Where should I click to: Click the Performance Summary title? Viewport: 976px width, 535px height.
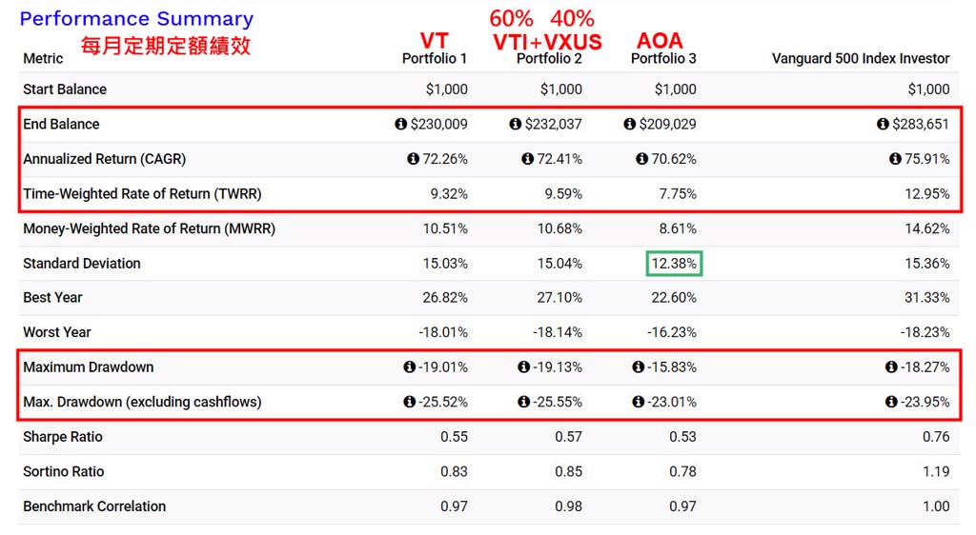[x=136, y=19]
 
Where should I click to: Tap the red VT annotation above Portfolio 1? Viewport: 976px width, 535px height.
[x=434, y=41]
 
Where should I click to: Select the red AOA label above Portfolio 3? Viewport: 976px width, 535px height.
[x=660, y=41]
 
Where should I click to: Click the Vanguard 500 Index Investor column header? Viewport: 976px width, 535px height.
[x=860, y=59]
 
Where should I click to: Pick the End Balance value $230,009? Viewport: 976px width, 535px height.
[x=438, y=125]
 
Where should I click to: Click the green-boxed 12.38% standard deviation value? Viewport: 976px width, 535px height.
[x=674, y=264]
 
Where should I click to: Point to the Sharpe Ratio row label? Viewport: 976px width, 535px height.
[x=63, y=437]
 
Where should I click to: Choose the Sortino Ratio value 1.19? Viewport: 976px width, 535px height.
[x=936, y=471]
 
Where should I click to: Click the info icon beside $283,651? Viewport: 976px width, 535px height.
[x=882, y=125]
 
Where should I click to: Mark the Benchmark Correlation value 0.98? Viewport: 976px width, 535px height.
[x=568, y=506]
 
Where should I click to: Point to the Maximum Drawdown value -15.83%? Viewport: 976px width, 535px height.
[x=672, y=367]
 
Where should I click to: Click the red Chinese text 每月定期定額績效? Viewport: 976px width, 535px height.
[x=166, y=46]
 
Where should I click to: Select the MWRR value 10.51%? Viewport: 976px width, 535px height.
[x=445, y=228]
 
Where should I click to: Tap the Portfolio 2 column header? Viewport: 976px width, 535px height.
[x=549, y=59]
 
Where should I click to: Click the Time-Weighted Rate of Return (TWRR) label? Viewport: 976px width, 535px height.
[x=142, y=194]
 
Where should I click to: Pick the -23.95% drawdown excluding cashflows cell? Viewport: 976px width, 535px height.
[x=924, y=402]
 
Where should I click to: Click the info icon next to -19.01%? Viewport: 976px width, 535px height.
[x=409, y=367]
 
